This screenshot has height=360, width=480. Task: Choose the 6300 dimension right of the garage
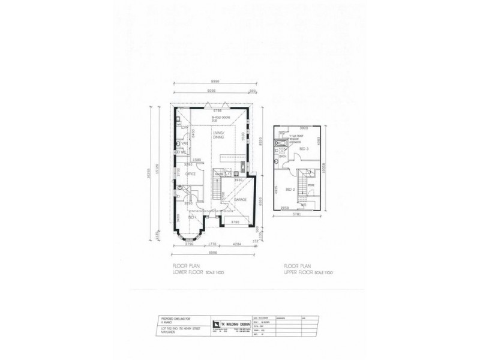(259, 200)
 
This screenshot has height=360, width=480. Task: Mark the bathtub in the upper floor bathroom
(277, 146)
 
